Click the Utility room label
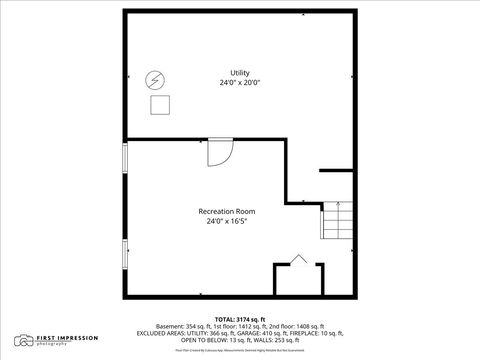[x=240, y=73]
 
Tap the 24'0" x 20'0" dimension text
[x=240, y=83]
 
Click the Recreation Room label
[x=226, y=211]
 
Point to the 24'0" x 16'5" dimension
[x=226, y=221]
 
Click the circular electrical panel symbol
[x=155, y=80]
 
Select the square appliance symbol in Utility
[x=159, y=104]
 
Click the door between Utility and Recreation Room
[x=219, y=151]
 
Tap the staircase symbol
[x=338, y=220]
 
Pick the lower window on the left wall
[x=125, y=254]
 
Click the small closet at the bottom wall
[x=297, y=278]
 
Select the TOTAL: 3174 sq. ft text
[x=240, y=317]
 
